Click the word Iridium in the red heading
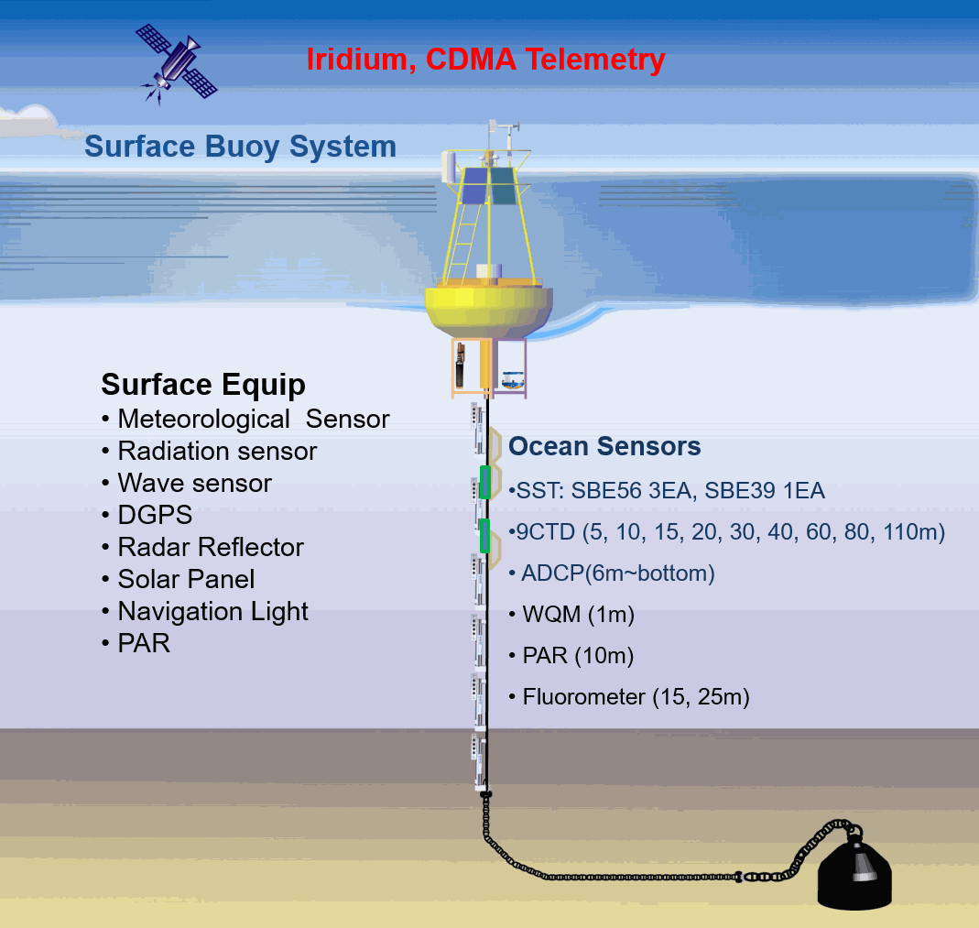tap(357, 60)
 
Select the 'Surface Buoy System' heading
tap(240, 147)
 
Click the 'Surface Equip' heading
tap(203, 385)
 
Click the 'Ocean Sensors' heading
tap(604, 446)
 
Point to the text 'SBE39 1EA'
tap(764, 491)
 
